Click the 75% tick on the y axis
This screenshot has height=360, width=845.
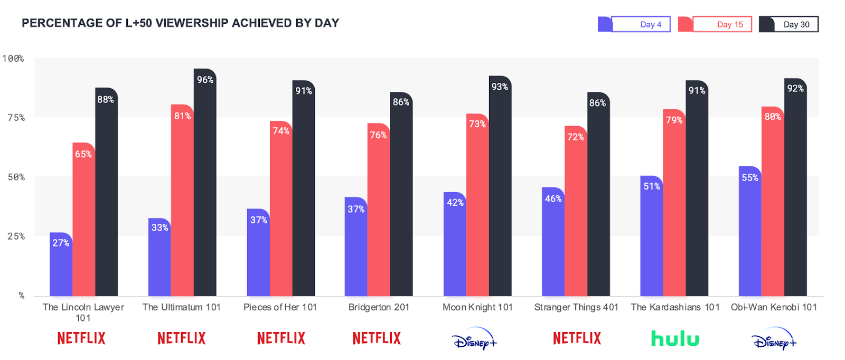click(16, 118)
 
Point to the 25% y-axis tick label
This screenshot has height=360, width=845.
click(16, 236)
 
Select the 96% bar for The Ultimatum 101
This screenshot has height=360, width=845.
click(205, 185)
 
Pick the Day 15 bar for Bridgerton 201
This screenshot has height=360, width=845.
click(379, 211)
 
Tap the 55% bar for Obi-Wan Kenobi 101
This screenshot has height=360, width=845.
click(750, 232)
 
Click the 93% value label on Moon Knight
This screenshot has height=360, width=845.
click(500, 87)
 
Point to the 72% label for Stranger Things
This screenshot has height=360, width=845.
click(575, 137)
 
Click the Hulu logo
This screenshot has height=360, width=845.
click(675, 338)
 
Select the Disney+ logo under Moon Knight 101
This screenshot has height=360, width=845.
click(475, 339)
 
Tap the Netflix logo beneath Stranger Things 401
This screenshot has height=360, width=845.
click(577, 338)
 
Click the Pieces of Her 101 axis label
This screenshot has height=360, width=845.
click(280, 307)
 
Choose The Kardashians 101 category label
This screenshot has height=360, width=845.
click(675, 307)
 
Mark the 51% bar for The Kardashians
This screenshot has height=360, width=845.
click(651, 238)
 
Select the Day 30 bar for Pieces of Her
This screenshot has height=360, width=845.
click(304, 190)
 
